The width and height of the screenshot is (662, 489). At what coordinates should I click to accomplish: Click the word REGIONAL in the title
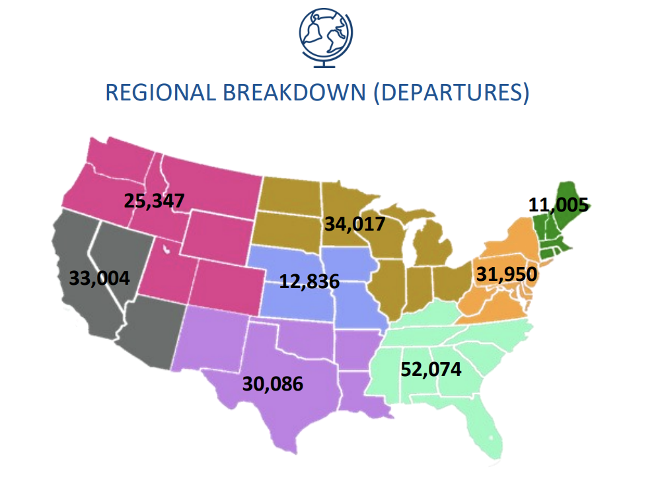[160, 93]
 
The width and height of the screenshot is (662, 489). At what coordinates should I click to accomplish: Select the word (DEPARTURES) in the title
[451, 93]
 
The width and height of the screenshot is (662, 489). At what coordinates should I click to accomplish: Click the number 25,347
[154, 200]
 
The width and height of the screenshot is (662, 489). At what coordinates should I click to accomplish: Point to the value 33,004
[100, 278]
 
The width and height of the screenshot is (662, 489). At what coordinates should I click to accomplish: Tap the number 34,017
[354, 224]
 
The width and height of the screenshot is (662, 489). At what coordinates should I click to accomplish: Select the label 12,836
[309, 282]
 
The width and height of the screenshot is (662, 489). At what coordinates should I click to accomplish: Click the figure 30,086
[272, 383]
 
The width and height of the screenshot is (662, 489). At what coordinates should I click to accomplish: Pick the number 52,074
[431, 369]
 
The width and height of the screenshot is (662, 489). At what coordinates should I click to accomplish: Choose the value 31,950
[506, 274]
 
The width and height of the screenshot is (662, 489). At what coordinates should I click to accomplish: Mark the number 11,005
[558, 205]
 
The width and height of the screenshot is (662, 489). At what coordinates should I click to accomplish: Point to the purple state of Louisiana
[360, 393]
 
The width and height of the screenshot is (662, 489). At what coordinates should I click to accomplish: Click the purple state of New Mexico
[213, 337]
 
